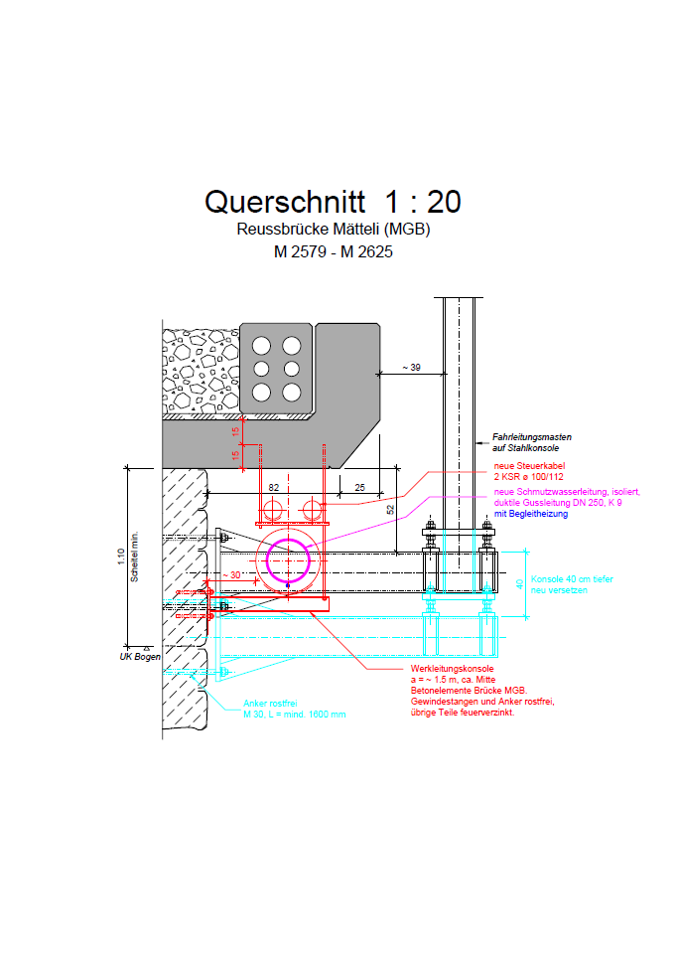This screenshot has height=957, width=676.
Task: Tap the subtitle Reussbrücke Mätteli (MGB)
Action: pyautogui.click(x=333, y=230)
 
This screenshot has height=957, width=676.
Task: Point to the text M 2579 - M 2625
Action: pyautogui.click(x=333, y=252)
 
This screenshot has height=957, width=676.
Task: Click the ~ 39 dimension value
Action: pyautogui.click(x=410, y=368)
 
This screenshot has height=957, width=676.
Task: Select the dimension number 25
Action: pyautogui.click(x=358, y=487)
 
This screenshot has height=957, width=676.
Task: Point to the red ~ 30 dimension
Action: pyautogui.click(x=230, y=574)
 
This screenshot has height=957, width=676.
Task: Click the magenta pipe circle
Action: pyautogui.click(x=288, y=561)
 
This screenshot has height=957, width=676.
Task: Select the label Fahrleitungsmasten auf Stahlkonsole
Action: pyautogui.click(x=531, y=442)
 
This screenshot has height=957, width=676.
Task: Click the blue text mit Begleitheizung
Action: pyautogui.click(x=530, y=514)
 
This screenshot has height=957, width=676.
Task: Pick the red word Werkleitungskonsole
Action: pyautogui.click(x=453, y=670)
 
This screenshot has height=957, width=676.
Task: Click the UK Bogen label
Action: pyautogui.click(x=140, y=657)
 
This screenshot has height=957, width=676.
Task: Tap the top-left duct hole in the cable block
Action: pyautogui.click(x=261, y=345)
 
